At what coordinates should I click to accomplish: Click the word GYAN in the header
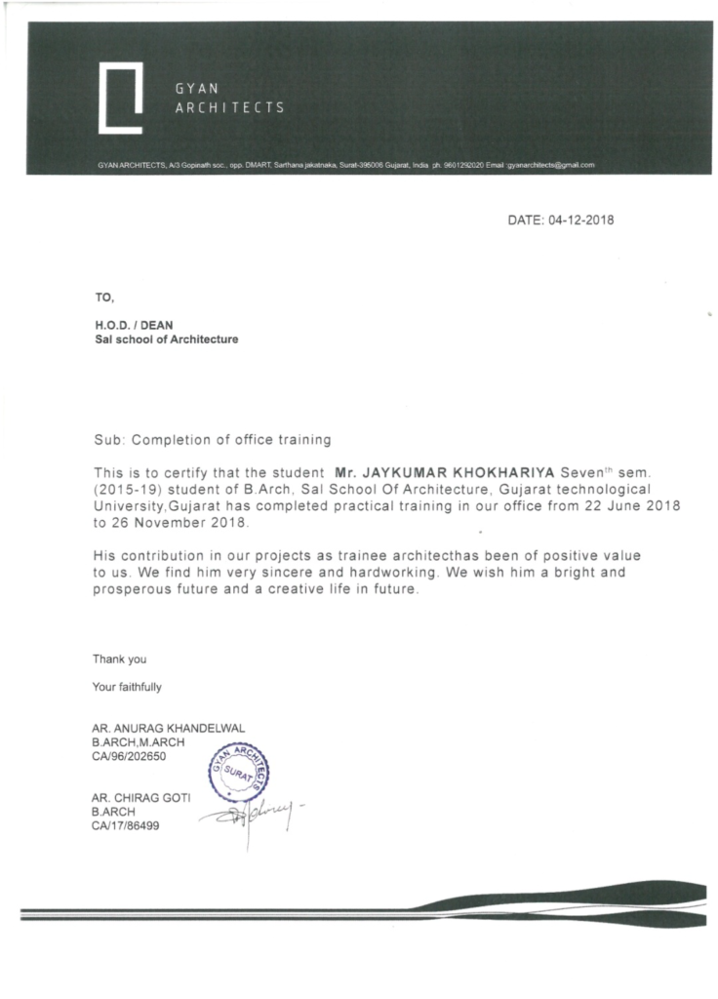tap(195, 88)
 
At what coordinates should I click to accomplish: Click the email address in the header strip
tap(549, 166)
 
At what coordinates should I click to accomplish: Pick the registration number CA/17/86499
tap(125, 824)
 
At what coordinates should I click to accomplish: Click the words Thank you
tap(119, 659)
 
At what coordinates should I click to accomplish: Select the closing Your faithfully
tap(127, 687)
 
